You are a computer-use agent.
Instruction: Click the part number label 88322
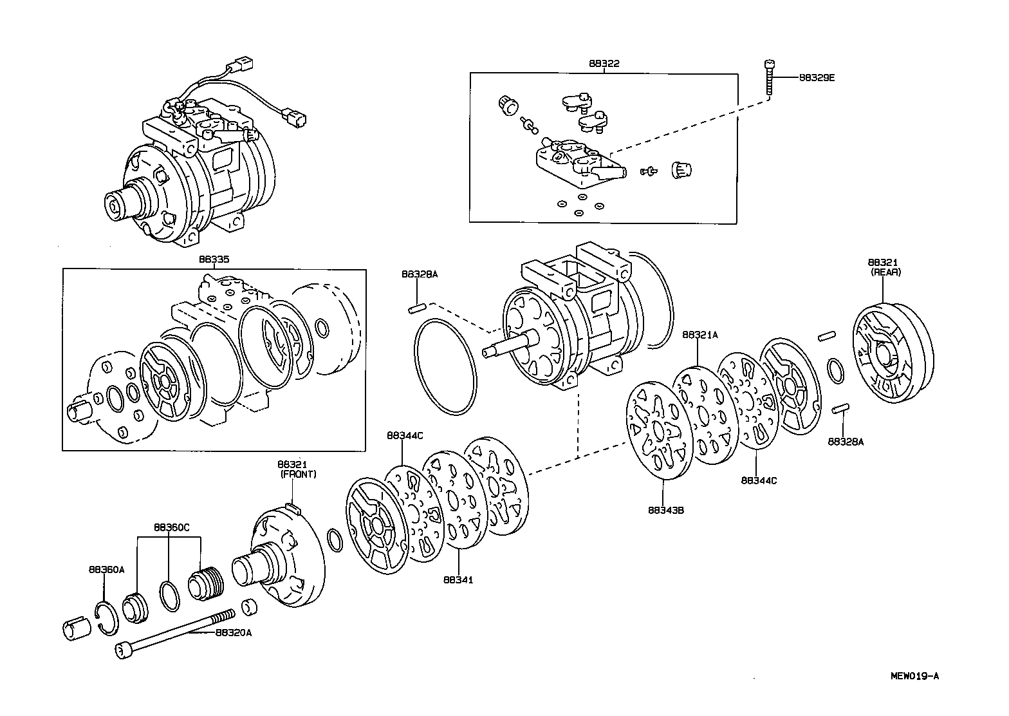point(604,64)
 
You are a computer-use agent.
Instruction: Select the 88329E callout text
point(817,77)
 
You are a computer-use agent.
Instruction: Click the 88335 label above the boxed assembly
point(214,259)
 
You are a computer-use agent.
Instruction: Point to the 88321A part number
point(699,335)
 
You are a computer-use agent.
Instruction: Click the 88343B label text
point(665,510)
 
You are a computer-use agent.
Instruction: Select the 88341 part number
point(458,579)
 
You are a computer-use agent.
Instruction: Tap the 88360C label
point(171,527)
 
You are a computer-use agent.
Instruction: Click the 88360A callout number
point(106,569)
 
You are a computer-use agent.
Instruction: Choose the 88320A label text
point(233,632)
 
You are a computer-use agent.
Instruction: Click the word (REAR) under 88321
point(886,272)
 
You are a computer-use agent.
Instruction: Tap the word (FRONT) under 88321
point(299,474)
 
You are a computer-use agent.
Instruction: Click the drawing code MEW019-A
point(914,675)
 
